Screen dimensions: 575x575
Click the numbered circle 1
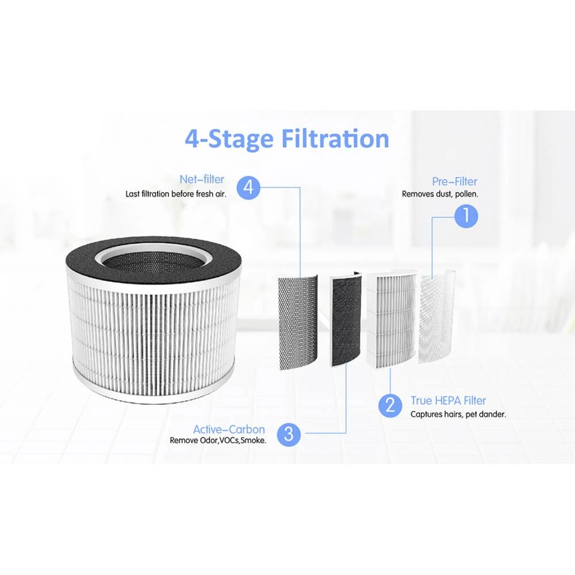pyautogui.click(x=466, y=216)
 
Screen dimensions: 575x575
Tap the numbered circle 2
pyautogui.click(x=390, y=407)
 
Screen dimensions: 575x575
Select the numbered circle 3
pyautogui.click(x=289, y=434)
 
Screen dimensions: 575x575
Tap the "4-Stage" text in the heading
pyautogui.click(x=229, y=139)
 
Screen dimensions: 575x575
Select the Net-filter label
pyautogui.click(x=201, y=181)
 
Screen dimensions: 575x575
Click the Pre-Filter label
pyautogui.click(x=455, y=182)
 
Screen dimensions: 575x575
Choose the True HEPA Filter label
pyautogui.click(x=448, y=401)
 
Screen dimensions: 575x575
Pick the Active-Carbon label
pyautogui.click(x=229, y=430)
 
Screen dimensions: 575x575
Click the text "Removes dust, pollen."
pyautogui.click(x=440, y=194)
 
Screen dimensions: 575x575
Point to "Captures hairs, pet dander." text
pyautogui.click(x=458, y=415)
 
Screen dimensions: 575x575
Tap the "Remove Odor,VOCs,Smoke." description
pyautogui.click(x=217, y=442)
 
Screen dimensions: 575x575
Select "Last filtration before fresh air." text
pyautogui.click(x=176, y=194)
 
